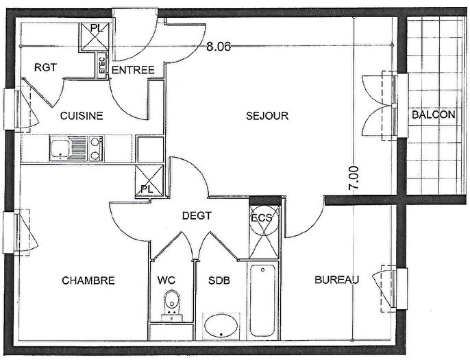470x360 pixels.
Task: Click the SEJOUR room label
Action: point(267,116)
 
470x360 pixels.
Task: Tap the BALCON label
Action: point(433,115)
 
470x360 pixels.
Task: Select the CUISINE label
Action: point(82,116)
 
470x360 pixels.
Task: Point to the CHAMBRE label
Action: point(88,280)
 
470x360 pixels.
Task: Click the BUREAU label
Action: point(337,280)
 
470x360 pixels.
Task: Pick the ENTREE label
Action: point(133,70)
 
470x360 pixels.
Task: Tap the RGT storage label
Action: point(45,67)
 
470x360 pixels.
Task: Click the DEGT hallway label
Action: point(197,215)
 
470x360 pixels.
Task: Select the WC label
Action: point(166,280)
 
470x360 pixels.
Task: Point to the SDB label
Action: point(219,280)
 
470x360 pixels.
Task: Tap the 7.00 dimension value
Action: point(354,178)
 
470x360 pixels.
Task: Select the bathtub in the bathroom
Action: point(264,300)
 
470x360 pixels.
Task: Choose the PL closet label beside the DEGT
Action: point(146,188)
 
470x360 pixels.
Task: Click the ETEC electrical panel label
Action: point(102,65)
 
